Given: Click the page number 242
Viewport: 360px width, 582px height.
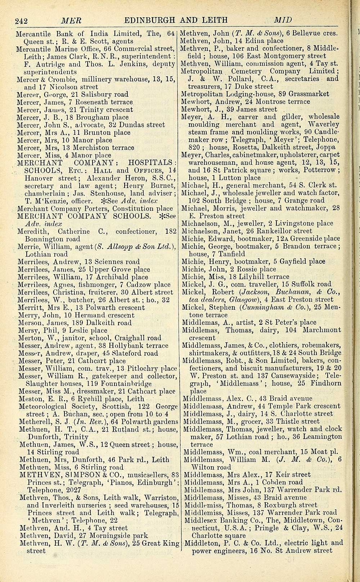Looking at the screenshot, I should (22, 20).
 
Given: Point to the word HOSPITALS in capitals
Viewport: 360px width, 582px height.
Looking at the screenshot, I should (151, 163).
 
